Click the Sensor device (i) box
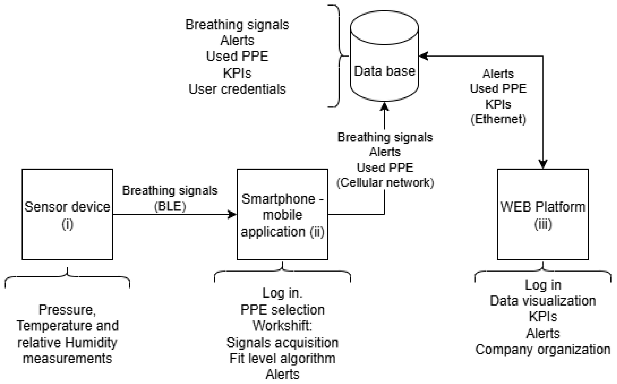(67, 215)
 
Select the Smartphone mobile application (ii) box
(282, 215)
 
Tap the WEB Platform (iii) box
(543, 215)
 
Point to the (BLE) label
(170, 206)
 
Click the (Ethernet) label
(498, 119)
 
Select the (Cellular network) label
(385, 183)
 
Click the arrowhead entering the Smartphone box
(232, 214)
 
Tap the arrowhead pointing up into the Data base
(384, 107)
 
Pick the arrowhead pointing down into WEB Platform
(543, 164)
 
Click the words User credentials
(237, 89)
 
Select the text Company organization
(543, 350)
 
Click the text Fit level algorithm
(282, 359)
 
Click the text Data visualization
(543, 301)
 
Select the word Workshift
(282, 325)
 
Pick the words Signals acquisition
(282, 343)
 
